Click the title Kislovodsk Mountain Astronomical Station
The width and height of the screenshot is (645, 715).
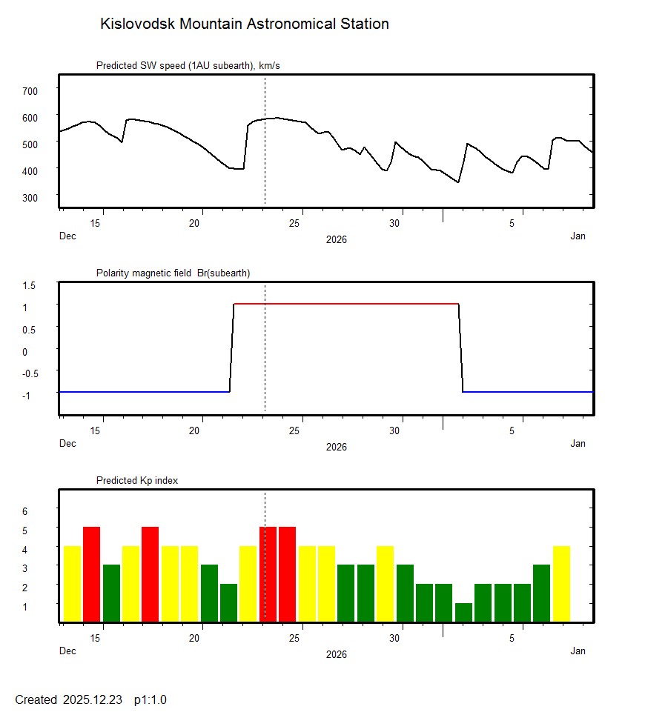coord(244,24)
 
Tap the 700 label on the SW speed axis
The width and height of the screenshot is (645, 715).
coord(30,90)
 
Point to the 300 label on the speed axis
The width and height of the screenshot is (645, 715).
coord(30,197)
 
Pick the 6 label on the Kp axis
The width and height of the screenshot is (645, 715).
coord(24,511)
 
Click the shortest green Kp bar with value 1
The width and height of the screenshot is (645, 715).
coord(463,613)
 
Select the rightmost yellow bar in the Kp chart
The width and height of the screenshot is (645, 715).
coord(561,584)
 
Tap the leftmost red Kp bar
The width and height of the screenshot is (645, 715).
coord(91,574)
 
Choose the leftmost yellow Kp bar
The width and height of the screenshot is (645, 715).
coord(72,584)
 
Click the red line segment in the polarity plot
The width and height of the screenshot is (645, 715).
coord(346,304)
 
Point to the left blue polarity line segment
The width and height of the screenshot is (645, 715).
coord(144,391)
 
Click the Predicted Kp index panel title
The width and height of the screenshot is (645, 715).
coord(137,481)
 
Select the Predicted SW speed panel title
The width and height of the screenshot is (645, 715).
coord(188,66)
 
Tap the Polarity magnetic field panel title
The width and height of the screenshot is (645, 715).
coord(173,273)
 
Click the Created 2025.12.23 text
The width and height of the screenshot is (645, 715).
coord(68,699)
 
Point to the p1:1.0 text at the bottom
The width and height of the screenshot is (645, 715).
coord(150,699)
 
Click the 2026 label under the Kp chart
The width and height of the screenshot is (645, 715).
coord(336,654)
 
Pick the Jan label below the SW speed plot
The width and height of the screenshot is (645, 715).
coord(578,236)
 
